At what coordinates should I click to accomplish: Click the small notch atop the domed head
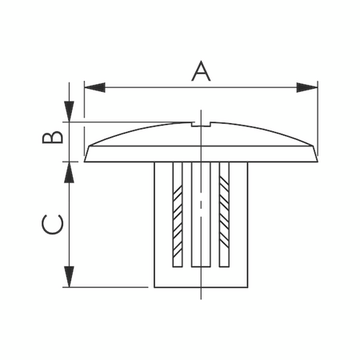(200, 125)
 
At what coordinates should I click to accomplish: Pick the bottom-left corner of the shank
(154, 286)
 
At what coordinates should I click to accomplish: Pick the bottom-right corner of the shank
(247, 286)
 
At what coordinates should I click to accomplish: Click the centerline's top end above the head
(201, 110)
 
